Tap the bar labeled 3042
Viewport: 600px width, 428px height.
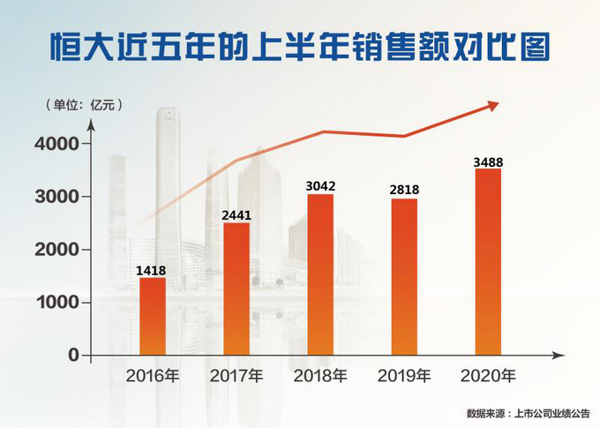coord(320,274)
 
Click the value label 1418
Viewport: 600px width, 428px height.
coord(152,270)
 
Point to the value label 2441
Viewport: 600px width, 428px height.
coord(236,214)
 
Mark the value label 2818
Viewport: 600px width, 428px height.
coord(404,190)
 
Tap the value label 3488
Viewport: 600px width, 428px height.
coord(487,161)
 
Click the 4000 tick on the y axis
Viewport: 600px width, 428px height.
coord(58,143)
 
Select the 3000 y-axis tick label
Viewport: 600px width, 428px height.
coord(58,196)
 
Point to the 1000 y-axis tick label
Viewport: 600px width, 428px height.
coord(58,303)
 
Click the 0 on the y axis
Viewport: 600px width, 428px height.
coord(73,356)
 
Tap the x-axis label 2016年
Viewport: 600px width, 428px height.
coord(152,376)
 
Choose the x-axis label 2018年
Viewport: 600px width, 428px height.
coord(320,376)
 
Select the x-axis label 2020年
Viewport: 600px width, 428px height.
coord(488,376)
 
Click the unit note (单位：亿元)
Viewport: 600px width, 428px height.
coord(83,104)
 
